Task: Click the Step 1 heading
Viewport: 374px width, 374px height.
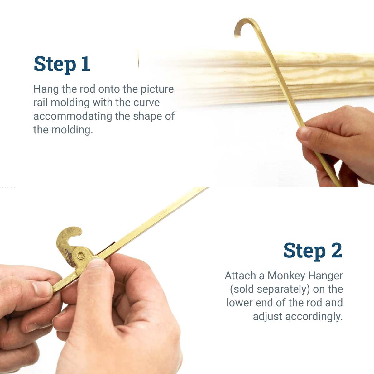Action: tap(62, 64)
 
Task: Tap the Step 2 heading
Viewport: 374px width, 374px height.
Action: tap(312, 251)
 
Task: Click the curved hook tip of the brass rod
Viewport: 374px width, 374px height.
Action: tap(240, 26)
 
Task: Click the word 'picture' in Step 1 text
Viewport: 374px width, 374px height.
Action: tap(157, 89)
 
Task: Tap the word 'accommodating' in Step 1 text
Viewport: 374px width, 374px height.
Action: tap(73, 116)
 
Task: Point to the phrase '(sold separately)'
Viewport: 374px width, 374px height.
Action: tap(270, 289)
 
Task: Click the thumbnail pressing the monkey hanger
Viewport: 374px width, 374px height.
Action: tap(97, 263)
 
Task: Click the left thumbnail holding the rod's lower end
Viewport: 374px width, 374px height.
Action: tap(42, 289)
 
